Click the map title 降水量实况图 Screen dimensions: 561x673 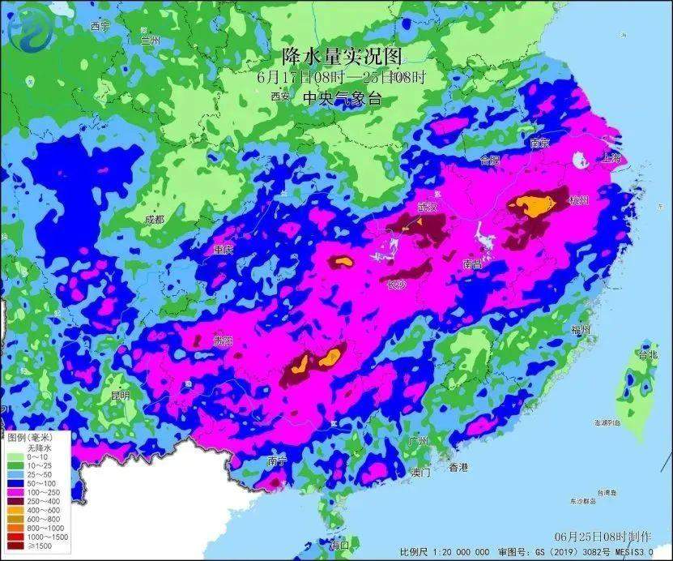pyautogui.click(x=341, y=57)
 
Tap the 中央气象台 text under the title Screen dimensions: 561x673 pyautogui.click(x=341, y=98)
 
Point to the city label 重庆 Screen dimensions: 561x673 pyautogui.click(x=223, y=250)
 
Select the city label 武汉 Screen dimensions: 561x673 pyautogui.click(x=427, y=208)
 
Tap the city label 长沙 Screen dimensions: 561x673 pyautogui.click(x=395, y=285)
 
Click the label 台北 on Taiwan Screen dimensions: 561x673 pyautogui.click(x=648, y=354)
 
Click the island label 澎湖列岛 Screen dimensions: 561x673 pyautogui.click(x=607, y=423)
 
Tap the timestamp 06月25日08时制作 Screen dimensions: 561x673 pyautogui.click(x=603, y=537)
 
